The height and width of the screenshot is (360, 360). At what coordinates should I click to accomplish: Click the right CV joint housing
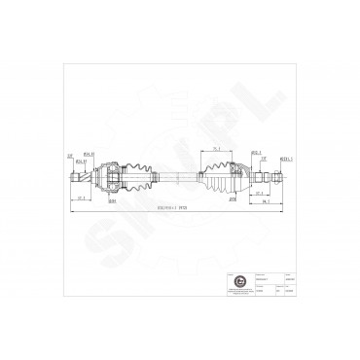pyautogui.click(x=239, y=177)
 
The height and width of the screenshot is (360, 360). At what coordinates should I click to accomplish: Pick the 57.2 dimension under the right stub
pyautogui.click(x=259, y=194)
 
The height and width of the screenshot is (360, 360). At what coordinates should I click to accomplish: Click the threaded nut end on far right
pyautogui.click(x=278, y=177)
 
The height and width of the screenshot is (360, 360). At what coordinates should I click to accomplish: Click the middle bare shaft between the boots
pyautogui.click(x=176, y=177)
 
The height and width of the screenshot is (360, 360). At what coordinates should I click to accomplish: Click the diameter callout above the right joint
pyautogui.click(x=255, y=152)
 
